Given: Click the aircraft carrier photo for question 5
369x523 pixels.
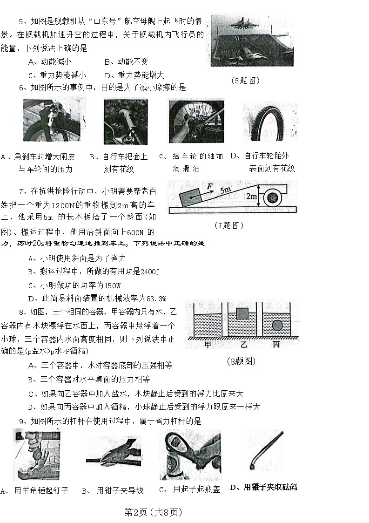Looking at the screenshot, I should (x=252, y=41).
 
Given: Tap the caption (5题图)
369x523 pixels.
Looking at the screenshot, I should (x=245, y=80).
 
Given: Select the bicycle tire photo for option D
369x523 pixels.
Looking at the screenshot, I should (x=270, y=122).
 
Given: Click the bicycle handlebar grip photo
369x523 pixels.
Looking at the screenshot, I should (x=125, y=122).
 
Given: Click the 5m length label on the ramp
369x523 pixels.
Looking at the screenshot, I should (x=226, y=190).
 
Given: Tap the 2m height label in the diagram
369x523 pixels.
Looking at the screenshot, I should (x=252, y=197).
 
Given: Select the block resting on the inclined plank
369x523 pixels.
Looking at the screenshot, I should (x=189, y=198).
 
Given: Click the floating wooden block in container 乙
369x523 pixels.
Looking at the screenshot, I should (x=242, y=314).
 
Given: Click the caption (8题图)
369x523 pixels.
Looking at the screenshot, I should (x=241, y=361).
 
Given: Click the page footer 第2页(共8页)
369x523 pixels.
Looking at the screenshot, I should (x=153, y=512).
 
